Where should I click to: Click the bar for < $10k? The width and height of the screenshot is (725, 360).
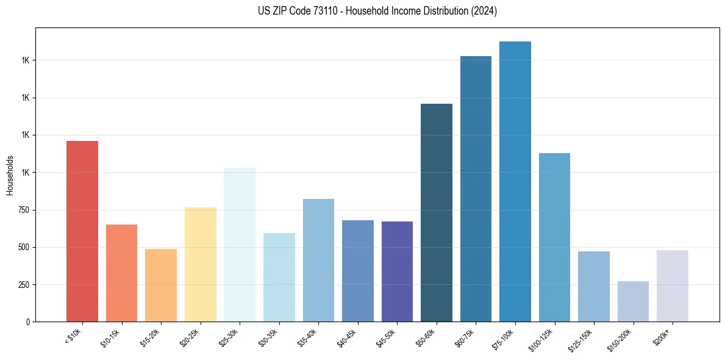(82, 231)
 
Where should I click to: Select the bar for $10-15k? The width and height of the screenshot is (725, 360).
(121, 273)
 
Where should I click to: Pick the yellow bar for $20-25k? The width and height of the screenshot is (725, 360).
(201, 264)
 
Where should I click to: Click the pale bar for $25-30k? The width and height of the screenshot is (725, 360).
(240, 245)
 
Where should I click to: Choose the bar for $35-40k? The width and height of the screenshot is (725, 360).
(318, 260)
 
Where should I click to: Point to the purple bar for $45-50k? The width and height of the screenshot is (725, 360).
(397, 272)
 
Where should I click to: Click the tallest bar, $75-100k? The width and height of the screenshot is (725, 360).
(515, 181)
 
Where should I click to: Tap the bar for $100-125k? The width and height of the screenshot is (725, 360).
(554, 237)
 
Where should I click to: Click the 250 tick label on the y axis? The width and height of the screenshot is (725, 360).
(22, 285)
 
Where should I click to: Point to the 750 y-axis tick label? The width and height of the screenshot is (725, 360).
(22, 210)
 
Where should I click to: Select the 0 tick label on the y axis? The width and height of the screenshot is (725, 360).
(27, 322)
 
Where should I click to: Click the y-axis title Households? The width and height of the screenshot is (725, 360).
(10, 175)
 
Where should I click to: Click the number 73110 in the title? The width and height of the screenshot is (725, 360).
(323, 11)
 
